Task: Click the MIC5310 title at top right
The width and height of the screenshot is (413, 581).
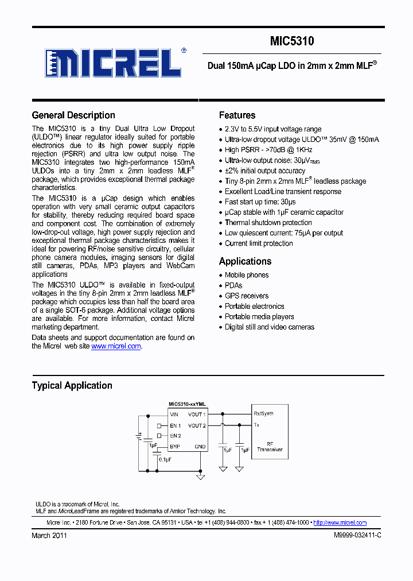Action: point(292,41)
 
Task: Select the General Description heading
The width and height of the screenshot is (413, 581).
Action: point(73,115)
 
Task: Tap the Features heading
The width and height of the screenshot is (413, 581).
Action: point(237,115)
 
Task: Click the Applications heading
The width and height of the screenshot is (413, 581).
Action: point(245,261)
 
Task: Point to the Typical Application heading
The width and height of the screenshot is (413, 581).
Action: point(72,386)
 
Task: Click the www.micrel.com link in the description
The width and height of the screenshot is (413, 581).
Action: point(116,346)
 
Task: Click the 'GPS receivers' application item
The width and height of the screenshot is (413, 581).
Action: point(246,296)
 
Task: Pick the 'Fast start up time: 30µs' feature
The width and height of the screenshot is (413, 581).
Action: point(260,202)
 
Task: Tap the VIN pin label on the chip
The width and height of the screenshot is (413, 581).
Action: point(174,414)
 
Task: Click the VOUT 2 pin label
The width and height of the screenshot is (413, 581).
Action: point(196,425)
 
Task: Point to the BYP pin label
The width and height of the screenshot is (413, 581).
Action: point(174,446)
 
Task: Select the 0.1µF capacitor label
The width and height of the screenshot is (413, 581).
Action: point(166,460)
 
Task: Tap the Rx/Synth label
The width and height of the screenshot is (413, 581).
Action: point(263,414)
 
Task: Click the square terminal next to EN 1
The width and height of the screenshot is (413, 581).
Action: point(159,426)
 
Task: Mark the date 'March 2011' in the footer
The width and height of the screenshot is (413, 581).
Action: point(49,535)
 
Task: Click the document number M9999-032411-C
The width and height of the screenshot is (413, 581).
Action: point(357,535)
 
